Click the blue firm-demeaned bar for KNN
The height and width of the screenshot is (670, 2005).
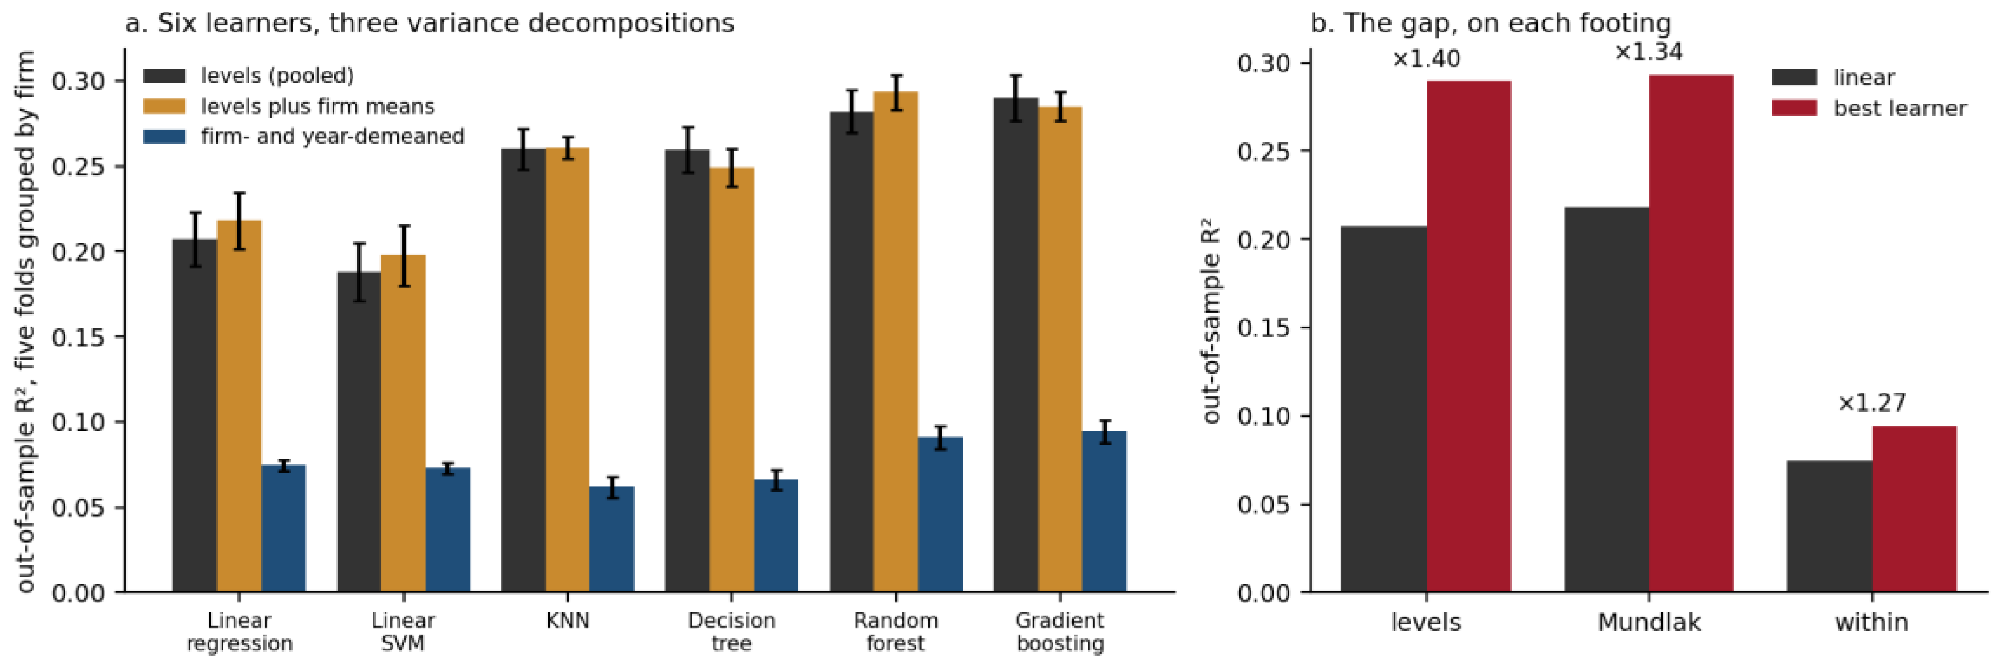tap(612, 539)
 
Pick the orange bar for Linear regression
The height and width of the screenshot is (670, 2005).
tap(239, 406)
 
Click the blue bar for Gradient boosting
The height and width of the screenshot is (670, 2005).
tap(1104, 512)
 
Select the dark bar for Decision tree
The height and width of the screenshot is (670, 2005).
tap(687, 371)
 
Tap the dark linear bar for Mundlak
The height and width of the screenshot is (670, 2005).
tap(1606, 400)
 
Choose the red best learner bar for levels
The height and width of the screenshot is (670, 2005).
tap(1469, 336)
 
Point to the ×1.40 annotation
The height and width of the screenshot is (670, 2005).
tap(1426, 59)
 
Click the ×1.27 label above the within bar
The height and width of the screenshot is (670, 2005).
tap(1872, 403)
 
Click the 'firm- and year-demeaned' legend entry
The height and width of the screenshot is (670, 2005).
tap(304, 136)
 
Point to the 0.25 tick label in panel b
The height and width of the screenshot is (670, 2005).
tap(1264, 151)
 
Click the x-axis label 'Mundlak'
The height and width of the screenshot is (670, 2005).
tap(1649, 623)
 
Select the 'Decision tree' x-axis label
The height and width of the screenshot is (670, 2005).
tap(732, 632)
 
